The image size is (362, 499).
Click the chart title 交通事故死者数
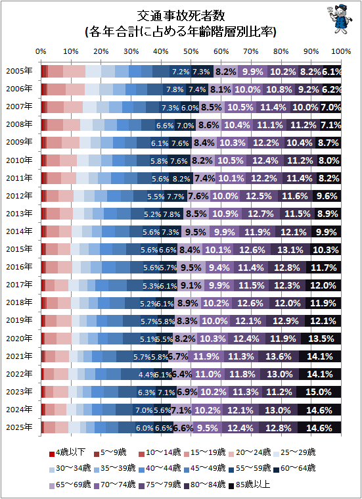181,16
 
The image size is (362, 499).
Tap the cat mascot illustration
340,19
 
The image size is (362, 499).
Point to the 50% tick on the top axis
191,51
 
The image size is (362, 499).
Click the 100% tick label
341,51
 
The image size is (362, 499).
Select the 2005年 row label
19,71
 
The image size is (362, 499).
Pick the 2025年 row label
19,427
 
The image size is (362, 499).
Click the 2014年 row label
19,231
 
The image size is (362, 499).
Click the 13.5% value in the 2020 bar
321,339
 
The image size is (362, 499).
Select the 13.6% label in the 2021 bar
279,356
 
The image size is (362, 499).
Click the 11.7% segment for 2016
324,268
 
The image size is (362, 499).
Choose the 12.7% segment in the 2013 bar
261,214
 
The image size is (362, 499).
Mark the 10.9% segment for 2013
225,214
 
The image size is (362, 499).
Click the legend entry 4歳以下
67,452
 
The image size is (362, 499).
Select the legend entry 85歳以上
250,485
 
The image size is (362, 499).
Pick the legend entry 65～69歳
70,485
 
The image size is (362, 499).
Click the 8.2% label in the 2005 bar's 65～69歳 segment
225,72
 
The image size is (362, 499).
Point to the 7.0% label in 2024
144,410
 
